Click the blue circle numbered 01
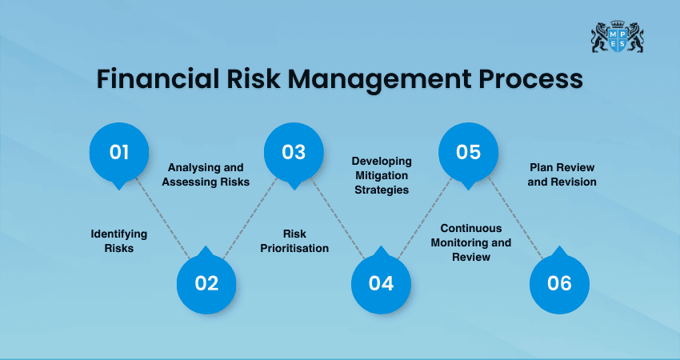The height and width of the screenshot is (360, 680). click(118, 151)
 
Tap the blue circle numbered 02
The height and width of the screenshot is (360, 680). click(206, 283)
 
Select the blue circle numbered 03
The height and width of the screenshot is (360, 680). click(294, 151)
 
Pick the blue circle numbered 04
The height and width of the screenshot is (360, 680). click(382, 283)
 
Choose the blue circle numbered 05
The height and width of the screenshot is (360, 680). click(469, 151)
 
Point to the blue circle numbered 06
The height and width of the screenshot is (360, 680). click(559, 283)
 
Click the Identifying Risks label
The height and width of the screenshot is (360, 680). click(118, 241)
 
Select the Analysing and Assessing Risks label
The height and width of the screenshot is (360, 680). click(206, 174)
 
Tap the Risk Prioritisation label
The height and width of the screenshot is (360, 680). click(294, 241)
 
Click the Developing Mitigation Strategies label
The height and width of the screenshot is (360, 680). click(381, 175)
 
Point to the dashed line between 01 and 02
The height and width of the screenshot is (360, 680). click(162, 218)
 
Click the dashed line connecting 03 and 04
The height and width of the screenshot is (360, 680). click(338, 218)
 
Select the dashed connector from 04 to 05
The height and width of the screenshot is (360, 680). click(426, 218)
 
